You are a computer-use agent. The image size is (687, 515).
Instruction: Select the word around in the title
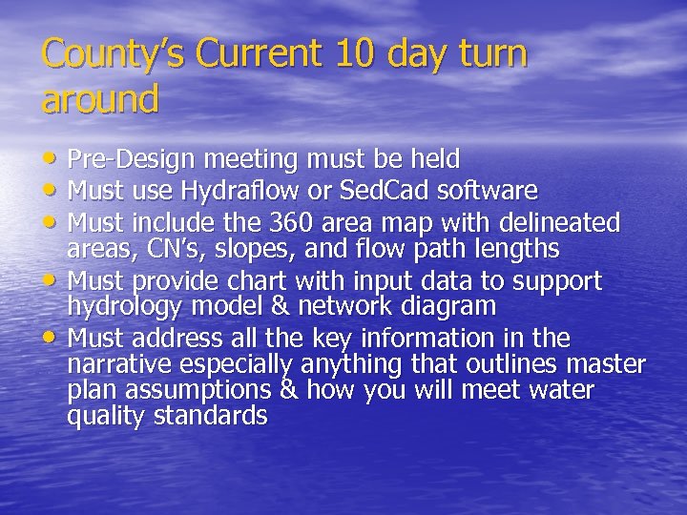tap(100, 98)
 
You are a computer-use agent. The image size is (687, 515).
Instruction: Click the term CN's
tap(160, 249)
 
